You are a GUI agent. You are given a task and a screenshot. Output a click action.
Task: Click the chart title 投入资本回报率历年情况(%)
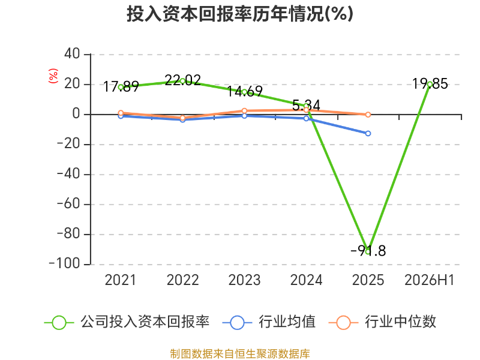click(x=240, y=14)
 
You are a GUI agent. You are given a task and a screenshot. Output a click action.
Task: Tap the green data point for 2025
click(x=368, y=251)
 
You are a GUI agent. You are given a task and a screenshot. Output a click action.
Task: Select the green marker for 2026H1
click(x=430, y=84)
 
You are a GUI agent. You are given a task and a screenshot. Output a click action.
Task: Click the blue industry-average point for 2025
click(x=368, y=133)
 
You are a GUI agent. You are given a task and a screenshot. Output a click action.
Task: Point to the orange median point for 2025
click(x=368, y=115)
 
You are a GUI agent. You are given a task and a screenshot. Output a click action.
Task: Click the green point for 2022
click(x=183, y=81)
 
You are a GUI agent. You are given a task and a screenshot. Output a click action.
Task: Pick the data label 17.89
click(x=121, y=86)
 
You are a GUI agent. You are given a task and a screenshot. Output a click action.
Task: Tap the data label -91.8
click(x=368, y=251)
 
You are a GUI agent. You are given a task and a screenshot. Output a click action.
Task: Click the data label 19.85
click(x=430, y=83)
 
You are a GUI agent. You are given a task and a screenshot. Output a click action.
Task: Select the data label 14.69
click(x=245, y=91)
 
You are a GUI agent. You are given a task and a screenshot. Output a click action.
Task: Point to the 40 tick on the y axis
click(x=72, y=54)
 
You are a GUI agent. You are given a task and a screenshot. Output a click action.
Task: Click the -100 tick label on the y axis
click(x=64, y=264)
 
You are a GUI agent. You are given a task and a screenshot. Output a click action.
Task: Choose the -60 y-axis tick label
click(x=68, y=204)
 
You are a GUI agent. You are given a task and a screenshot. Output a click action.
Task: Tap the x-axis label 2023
click(x=245, y=280)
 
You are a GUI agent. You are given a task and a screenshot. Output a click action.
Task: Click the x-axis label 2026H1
click(x=429, y=280)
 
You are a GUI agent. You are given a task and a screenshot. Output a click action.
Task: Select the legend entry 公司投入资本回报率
click(x=127, y=322)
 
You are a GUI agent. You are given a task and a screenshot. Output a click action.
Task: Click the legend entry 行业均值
click(x=269, y=322)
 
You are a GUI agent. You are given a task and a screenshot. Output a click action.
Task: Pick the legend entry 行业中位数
click(x=382, y=322)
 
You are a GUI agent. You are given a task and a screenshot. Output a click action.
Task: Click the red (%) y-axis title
click(x=53, y=76)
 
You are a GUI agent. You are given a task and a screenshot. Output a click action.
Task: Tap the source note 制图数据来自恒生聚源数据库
click(x=240, y=354)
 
